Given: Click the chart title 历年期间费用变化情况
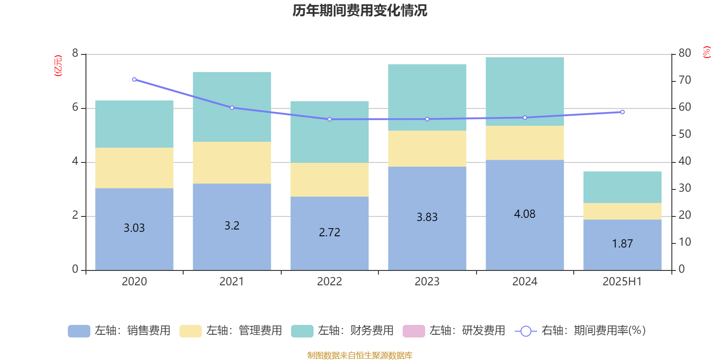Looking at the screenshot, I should point(360,10).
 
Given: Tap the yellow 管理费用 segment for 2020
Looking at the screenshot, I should point(134,168).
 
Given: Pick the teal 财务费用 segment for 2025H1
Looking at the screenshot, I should point(622,187).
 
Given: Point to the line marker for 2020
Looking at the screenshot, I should point(134,80).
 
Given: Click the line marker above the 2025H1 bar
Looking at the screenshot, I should point(622,112).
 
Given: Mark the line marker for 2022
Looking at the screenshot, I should point(329,119).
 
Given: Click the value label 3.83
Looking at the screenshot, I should point(427,217).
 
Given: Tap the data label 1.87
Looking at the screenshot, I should point(622,244).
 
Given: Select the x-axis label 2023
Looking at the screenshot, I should point(427,282).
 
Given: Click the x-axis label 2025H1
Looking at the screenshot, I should point(622,282).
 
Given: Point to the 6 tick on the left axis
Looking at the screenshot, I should point(75,108).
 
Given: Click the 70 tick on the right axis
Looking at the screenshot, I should point(684,81).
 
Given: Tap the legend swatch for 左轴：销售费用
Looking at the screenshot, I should point(79,331).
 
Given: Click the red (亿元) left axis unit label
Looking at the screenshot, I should point(58,66).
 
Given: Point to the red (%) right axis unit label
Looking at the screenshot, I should point(707,52).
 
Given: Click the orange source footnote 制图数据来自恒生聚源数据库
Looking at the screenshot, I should point(360,355).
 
